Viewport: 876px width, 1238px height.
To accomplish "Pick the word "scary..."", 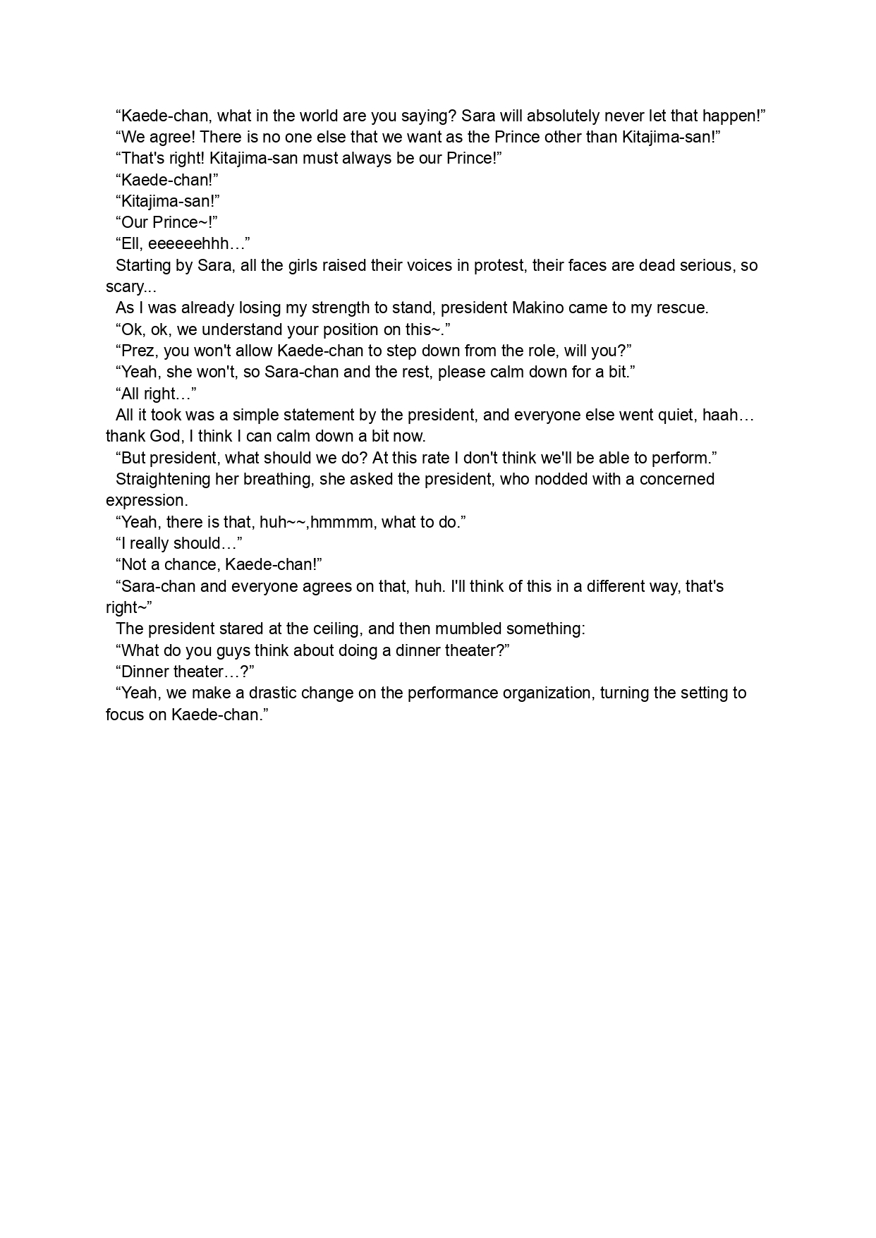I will point(130,287).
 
